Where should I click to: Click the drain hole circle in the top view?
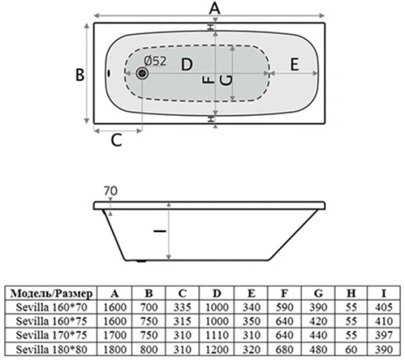pos(142,73)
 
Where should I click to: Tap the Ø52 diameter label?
pos(155,61)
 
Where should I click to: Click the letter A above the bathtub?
pos(215,8)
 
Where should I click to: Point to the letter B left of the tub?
pos(80,74)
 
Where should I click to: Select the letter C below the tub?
pos(116,140)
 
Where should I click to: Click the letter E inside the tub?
pos(295,64)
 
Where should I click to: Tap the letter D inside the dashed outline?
pos(186,65)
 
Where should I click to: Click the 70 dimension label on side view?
pos(110,191)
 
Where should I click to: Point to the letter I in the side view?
pos(160,231)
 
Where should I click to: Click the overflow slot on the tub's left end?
pos(109,73)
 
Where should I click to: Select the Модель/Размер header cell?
pos(51,294)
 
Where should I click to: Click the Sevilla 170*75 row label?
pos(51,335)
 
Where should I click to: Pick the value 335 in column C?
pos(182,307)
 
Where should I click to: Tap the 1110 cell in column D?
pos(217,335)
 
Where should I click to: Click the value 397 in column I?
pos(383,335)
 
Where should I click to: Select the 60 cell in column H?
pos(351,349)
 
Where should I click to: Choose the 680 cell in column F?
pos(284,349)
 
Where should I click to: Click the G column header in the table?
pos(319,294)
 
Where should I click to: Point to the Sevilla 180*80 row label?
pos(51,349)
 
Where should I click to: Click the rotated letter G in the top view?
pos(227,80)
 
